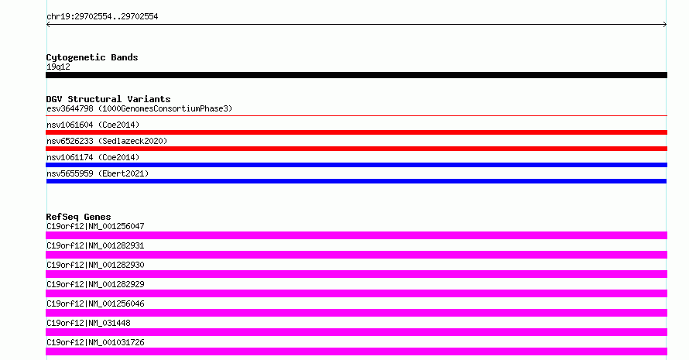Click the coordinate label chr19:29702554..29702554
coord(102,17)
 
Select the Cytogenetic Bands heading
coord(92,57)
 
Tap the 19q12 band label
coord(58,67)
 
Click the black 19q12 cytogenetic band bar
coord(356,75)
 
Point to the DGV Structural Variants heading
coord(108,99)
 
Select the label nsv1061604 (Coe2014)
coord(93,125)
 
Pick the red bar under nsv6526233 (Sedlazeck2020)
coord(356,149)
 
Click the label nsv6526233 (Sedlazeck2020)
coord(107,141)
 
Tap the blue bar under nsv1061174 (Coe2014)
coord(356,165)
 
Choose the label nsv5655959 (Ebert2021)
coord(98,173)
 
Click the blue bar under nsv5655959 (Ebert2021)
coord(356,181)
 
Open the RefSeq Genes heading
coord(78,217)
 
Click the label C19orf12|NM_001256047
coord(95,226)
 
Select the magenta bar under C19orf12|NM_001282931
coord(356,255)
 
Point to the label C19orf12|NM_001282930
coord(95,265)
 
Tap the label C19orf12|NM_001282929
coord(95,284)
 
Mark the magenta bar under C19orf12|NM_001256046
coord(356,313)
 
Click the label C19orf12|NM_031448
coord(88,323)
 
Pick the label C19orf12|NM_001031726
coord(95,342)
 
